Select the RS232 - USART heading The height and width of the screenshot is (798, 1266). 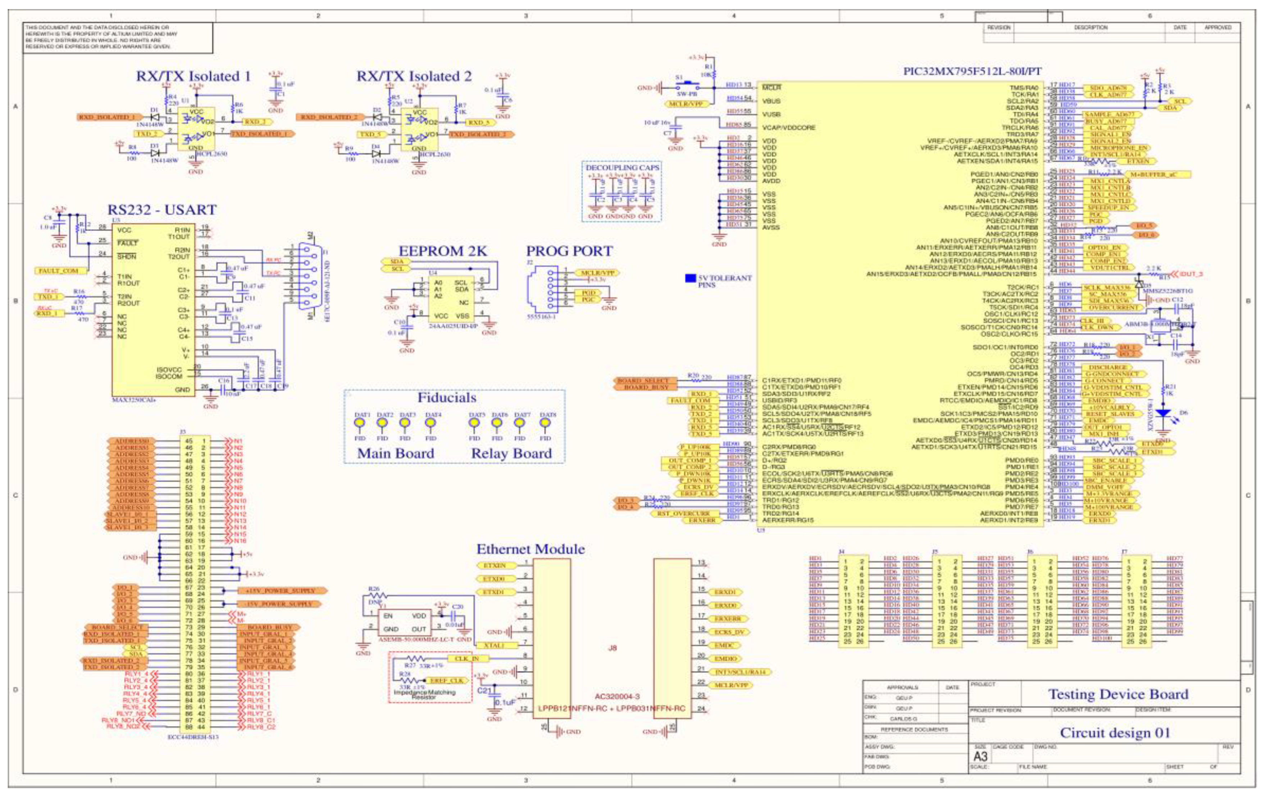coord(162,210)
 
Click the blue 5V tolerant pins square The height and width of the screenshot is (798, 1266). coord(690,278)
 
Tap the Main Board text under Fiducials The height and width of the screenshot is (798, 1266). coord(395,453)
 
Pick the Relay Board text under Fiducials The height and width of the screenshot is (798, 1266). coord(511,453)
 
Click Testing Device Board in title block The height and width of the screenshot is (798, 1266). coord(1118,694)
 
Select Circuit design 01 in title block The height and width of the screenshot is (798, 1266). coord(1115,733)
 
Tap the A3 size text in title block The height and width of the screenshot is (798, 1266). coord(980,756)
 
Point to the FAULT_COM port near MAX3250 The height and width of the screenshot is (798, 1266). coord(58,271)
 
